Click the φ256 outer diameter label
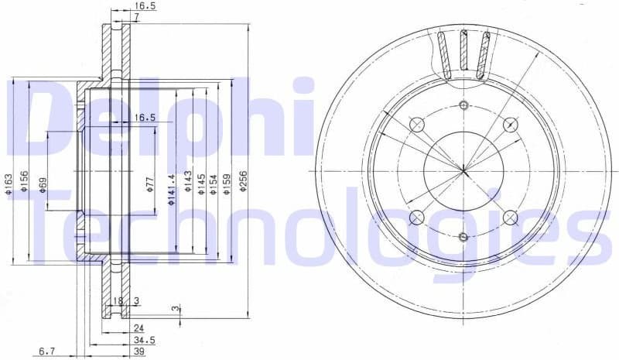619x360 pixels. coord(243,183)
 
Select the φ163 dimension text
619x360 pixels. coord(9,183)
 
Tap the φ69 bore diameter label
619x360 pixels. coord(43,186)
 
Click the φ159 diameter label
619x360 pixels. coord(226,183)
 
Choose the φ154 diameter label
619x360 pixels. coord(213,183)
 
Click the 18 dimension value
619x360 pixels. coord(118,300)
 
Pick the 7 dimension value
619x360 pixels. coord(136,16)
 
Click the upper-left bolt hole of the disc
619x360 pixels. coord(417,125)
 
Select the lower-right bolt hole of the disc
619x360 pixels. coord(510,218)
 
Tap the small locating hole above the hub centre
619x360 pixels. coord(463,105)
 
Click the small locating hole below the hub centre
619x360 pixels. coord(463,236)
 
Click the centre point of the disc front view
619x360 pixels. coord(463,170)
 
